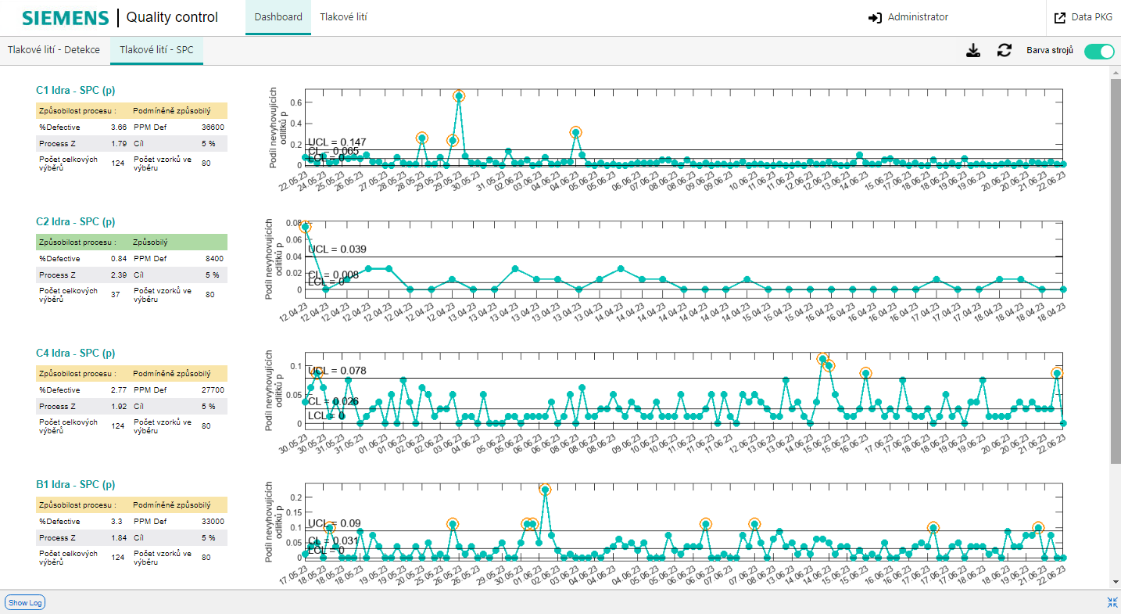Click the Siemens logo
pyautogui.click(x=65, y=17)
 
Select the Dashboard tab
pyautogui.click(x=278, y=17)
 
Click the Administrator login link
pyautogui.click(x=908, y=17)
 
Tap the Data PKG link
pyautogui.click(x=1083, y=17)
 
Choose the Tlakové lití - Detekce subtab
pyautogui.click(x=54, y=50)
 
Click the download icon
pyautogui.click(x=972, y=51)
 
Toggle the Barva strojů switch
pyautogui.click(x=1098, y=51)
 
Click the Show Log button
pyautogui.click(x=25, y=602)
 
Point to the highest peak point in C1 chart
pyautogui.click(x=459, y=96)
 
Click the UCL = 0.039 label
pyautogui.click(x=338, y=250)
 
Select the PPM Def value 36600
pyautogui.click(x=212, y=127)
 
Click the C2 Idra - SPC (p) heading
pyautogui.click(x=76, y=221)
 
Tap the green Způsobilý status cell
pyautogui.click(x=179, y=242)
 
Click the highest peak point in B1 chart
pyautogui.click(x=545, y=490)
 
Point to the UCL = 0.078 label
pyautogui.click(x=337, y=371)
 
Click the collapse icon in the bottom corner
pyautogui.click(x=1112, y=602)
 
